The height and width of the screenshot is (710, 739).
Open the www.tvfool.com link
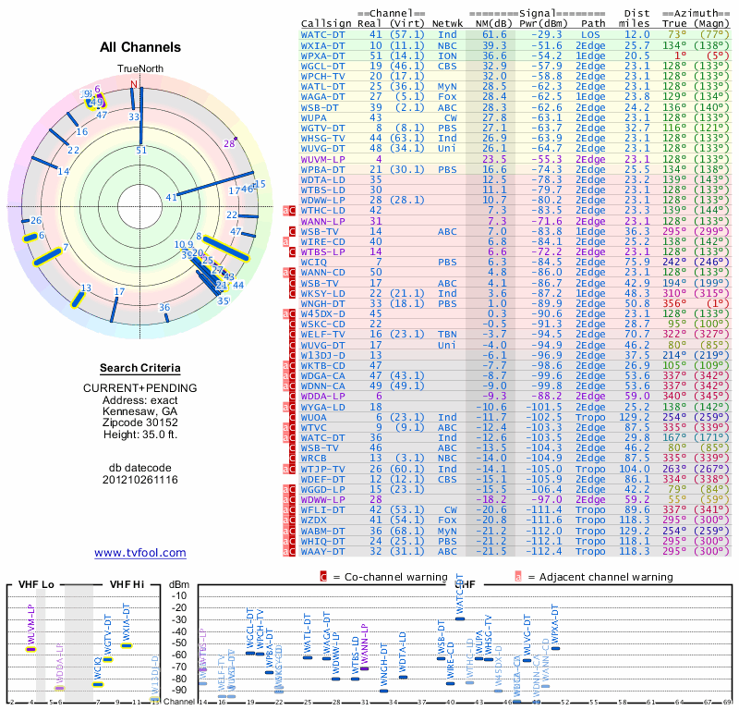tap(139, 553)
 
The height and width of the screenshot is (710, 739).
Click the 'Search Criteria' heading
tap(139, 368)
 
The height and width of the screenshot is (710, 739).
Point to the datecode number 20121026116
tap(139, 479)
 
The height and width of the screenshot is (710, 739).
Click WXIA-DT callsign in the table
tap(323, 44)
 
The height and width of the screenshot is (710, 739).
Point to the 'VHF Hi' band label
tap(128, 584)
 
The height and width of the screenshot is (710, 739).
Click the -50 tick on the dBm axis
tap(178, 643)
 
